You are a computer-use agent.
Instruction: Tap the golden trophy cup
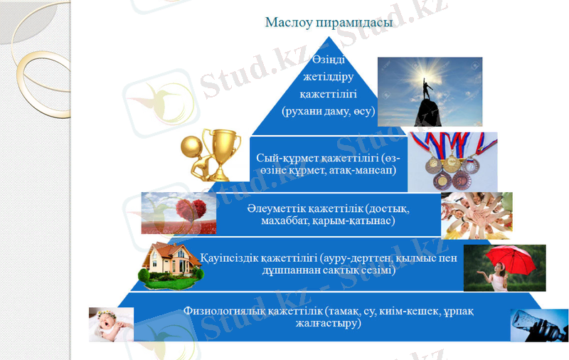(x=222, y=149)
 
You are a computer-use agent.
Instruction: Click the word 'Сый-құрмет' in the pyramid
(x=282, y=158)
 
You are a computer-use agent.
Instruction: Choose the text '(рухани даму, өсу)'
(x=328, y=112)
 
